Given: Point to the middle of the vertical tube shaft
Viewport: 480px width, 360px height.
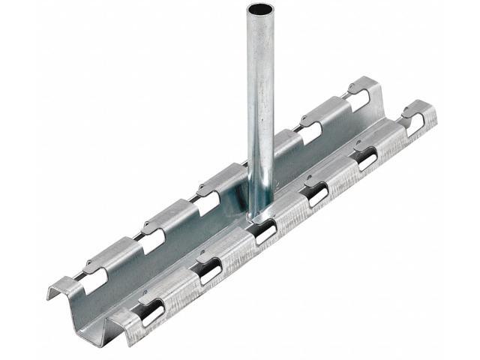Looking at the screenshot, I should pyautogui.click(x=260, y=112).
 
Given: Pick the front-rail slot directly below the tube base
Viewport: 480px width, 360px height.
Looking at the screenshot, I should pyautogui.click(x=264, y=232).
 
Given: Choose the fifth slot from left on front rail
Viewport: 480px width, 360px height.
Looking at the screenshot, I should pyautogui.click(x=367, y=158).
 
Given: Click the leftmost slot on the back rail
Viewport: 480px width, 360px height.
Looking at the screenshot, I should pyautogui.click(x=95, y=280).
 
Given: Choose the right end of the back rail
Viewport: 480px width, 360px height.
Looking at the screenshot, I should pyautogui.click(x=375, y=85).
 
